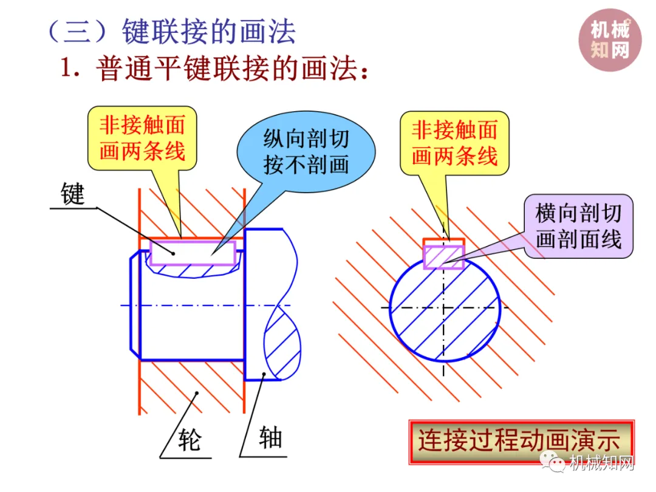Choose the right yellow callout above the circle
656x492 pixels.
pos(454,142)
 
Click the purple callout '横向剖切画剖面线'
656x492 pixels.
pos(578,226)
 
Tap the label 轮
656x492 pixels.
pos(189,439)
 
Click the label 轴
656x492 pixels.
pos(270,437)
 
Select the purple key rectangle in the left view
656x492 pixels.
pos(193,253)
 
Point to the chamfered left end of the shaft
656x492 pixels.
pos(135,304)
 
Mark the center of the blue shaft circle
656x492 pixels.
pos(445,307)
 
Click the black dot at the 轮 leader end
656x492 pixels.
pos(196,394)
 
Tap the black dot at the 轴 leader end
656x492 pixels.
pos(264,374)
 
